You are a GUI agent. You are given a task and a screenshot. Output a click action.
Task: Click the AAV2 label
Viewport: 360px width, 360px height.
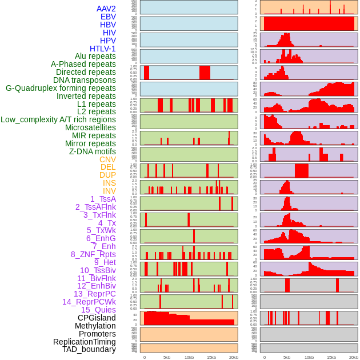click(106, 9)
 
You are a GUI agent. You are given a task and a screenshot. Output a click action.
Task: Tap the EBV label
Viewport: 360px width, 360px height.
click(108, 17)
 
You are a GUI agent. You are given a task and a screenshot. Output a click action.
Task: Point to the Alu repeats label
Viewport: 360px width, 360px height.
click(95, 56)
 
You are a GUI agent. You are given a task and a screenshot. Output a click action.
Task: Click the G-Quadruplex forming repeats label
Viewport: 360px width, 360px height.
click(61, 88)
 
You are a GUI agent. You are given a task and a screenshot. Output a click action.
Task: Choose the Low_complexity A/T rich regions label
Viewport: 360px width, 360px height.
click(58, 119)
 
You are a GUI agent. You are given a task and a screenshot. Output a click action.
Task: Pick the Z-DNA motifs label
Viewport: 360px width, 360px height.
click(92, 151)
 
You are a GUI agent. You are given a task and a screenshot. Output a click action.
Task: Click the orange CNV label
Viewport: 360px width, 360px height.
click(107, 159)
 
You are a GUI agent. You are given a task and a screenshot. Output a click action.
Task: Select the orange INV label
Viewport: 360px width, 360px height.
click(109, 191)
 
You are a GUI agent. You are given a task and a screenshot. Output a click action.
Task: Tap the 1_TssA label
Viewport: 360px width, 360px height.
click(103, 199)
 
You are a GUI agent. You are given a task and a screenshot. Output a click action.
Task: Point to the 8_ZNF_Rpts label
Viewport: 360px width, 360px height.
click(93, 254)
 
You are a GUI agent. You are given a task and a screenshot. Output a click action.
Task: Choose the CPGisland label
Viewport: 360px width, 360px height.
click(97, 318)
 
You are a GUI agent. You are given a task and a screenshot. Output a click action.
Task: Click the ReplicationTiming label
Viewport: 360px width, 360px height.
click(84, 342)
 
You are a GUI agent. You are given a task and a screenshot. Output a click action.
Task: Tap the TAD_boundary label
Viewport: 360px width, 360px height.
click(89, 349)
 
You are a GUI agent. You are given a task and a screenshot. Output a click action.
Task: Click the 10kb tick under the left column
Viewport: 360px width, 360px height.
click(189, 357)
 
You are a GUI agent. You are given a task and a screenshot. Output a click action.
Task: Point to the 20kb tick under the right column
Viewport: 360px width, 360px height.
click(353, 357)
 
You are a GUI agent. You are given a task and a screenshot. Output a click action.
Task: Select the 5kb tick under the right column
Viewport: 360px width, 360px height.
click(286, 357)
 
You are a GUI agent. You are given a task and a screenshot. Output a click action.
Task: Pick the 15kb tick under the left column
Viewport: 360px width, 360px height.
click(211, 357)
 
